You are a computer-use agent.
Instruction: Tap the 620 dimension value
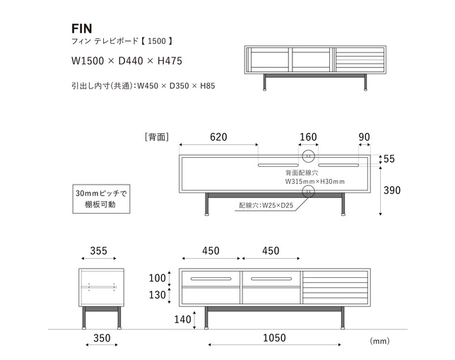[x=218, y=137]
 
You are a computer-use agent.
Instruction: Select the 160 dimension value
[x=308, y=137]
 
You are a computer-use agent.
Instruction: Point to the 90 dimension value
[x=364, y=137]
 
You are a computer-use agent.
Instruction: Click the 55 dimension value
[x=389, y=159]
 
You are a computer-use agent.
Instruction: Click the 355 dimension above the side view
[x=99, y=251]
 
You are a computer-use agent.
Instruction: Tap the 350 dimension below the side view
[x=102, y=339]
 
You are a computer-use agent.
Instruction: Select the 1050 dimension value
[x=274, y=339]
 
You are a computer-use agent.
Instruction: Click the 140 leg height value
[x=182, y=320]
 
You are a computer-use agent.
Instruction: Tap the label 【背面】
[x=155, y=137]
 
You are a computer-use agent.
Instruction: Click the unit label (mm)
[x=379, y=340]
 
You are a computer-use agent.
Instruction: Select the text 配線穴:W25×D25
[x=266, y=206]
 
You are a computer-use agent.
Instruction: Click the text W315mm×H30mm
[x=314, y=182]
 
